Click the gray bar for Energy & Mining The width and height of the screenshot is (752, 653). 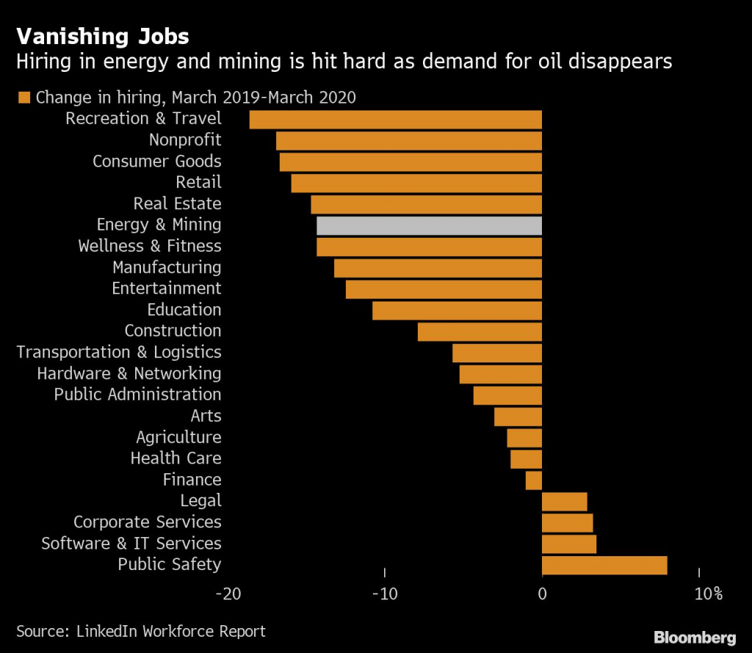pos(429,225)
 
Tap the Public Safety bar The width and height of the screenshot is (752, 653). pos(604,565)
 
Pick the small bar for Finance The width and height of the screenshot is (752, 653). pos(534,481)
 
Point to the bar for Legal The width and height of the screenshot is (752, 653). pos(564,502)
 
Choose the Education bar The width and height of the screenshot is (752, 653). pos(457,310)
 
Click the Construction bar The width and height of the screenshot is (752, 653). pos(480,332)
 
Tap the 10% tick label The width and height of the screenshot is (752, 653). pos(708,594)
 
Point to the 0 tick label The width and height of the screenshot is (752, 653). pos(542,594)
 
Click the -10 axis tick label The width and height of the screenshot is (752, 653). pos(384,594)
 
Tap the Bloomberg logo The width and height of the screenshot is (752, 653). pos(694,636)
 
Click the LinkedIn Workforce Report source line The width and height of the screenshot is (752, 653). pos(141,631)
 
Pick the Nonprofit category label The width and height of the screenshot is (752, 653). pos(185,140)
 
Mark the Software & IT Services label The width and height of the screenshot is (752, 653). pos(131,544)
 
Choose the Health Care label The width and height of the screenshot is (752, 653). pos(176,459)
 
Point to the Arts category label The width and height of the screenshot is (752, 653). pos(206,416)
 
